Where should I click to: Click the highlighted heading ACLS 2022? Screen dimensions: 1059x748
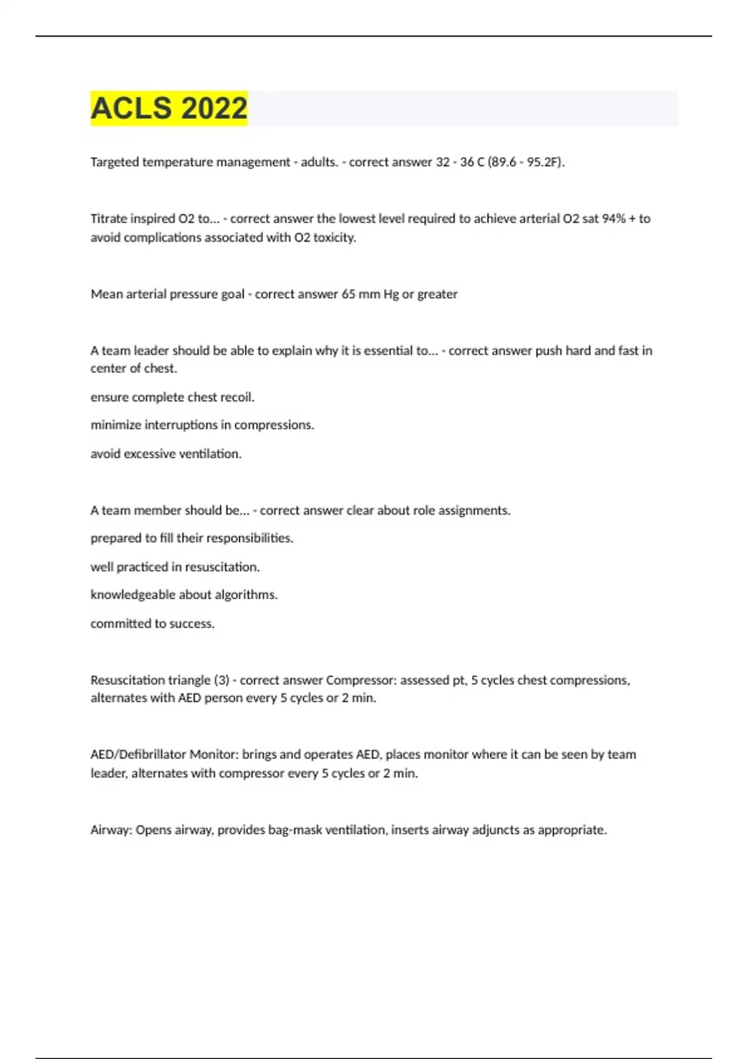pyautogui.click(x=169, y=108)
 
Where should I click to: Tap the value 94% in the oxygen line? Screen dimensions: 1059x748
pyautogui.click(x=613, y=219)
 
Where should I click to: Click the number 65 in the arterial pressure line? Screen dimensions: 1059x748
pyautogui.click(x=348, y=294)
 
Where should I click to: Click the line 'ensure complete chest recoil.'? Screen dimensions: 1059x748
pyautogui.click(x=173, y=397)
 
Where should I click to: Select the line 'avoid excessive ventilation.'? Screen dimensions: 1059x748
pyautogui.click(x=166, y=454)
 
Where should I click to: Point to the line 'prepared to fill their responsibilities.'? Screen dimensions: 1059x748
pyautogui.click(x=192, y=538)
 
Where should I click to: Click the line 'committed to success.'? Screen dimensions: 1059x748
pyautogui.click(x=153, y=624)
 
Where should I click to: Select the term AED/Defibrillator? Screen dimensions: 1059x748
pyautogui.click(x=138, y=754)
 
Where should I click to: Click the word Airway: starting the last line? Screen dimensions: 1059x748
pyautogui.click(x=111, y=830)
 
